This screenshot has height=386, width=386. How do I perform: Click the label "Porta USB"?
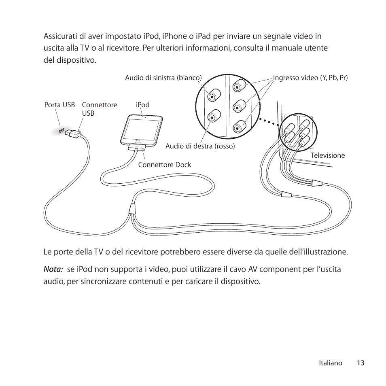pyautogui.click(x=59, y=105)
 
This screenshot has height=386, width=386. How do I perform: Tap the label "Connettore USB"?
pyautogui.click(x=100, y=109)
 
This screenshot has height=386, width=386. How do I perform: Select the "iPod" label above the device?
pyautogui.click(x=142, y=105)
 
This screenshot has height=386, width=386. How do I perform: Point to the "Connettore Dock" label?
pyautogui.click(x=165, y=165)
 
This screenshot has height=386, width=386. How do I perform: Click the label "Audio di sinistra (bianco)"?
pyautogui.click(x=163, y=77)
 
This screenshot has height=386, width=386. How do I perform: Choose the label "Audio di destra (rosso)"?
pyautogui.click(x=200, y=146)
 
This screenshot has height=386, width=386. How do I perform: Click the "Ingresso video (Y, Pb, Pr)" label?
pyautogui.click(x=310, y=77)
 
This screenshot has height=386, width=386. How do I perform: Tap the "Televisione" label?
pyautogui.click(x=328, y=155)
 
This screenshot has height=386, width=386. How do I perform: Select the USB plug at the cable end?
pyautogui.click(x=74, y=133)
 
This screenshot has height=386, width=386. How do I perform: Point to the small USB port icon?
pyautogui.click(x=61, y=131)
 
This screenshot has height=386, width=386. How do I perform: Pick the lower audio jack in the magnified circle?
pyautogui.click(x=213, y=118)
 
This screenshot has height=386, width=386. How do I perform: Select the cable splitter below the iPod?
pyautogui.click(x=132, y=209)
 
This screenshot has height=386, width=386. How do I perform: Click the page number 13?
pyautogui.click(x=361, y=363)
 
